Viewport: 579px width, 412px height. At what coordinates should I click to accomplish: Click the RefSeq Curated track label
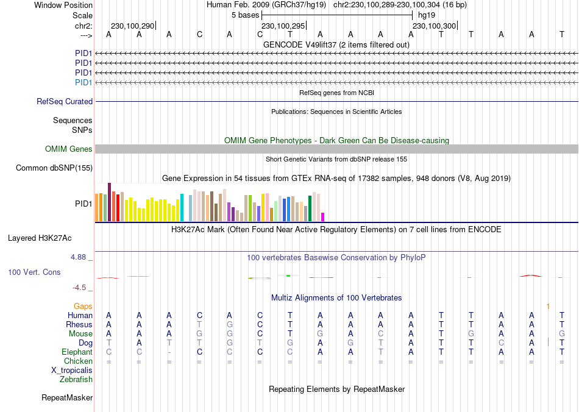pos(65,102)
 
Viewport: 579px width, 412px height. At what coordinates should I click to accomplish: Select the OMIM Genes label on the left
pos(69,149)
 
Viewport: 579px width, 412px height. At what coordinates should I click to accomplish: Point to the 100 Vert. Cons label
pos(34,272)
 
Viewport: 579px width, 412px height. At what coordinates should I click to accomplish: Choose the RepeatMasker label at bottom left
pos(67,398)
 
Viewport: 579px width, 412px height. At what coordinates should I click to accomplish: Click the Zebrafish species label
pos(76,380)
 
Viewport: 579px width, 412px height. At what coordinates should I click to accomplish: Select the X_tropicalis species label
pos(72,371)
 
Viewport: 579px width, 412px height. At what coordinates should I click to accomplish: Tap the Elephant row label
pos(77,352)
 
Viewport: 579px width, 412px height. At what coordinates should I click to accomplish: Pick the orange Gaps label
pos(83,306)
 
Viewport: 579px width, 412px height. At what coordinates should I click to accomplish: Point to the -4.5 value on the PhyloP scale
pos(81,288)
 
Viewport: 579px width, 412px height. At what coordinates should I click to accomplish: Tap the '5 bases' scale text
pos(246,15)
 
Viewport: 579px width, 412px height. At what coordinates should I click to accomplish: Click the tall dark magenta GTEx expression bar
pos(109,202)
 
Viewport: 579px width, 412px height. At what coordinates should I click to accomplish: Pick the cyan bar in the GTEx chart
pos(182,208)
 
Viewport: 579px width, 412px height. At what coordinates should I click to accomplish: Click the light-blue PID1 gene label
pos(83,82)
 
